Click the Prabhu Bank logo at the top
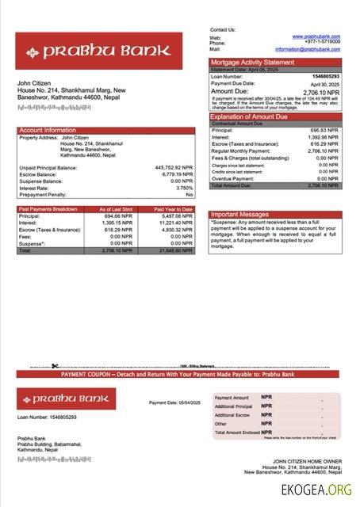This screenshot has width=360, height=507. coord(98,52)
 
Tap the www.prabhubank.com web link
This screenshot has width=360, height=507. coord(316,36)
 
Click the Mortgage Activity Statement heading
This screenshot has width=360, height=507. coord(252,62)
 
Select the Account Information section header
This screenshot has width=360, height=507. coord(48,130)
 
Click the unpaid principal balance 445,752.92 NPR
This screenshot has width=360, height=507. coord(174,168)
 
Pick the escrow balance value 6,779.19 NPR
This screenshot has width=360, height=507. coord(175,174)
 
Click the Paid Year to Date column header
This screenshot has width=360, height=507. coord(174,209)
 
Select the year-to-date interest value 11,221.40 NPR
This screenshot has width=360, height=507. coord(175,223)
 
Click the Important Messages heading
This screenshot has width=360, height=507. coord(240,215)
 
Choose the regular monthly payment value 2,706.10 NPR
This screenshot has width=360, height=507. coord(323,151)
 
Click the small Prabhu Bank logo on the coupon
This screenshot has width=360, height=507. coord(66,398)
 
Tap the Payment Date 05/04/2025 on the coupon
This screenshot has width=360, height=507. coord(174,403)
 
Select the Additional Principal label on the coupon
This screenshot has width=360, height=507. coord(233,406)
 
